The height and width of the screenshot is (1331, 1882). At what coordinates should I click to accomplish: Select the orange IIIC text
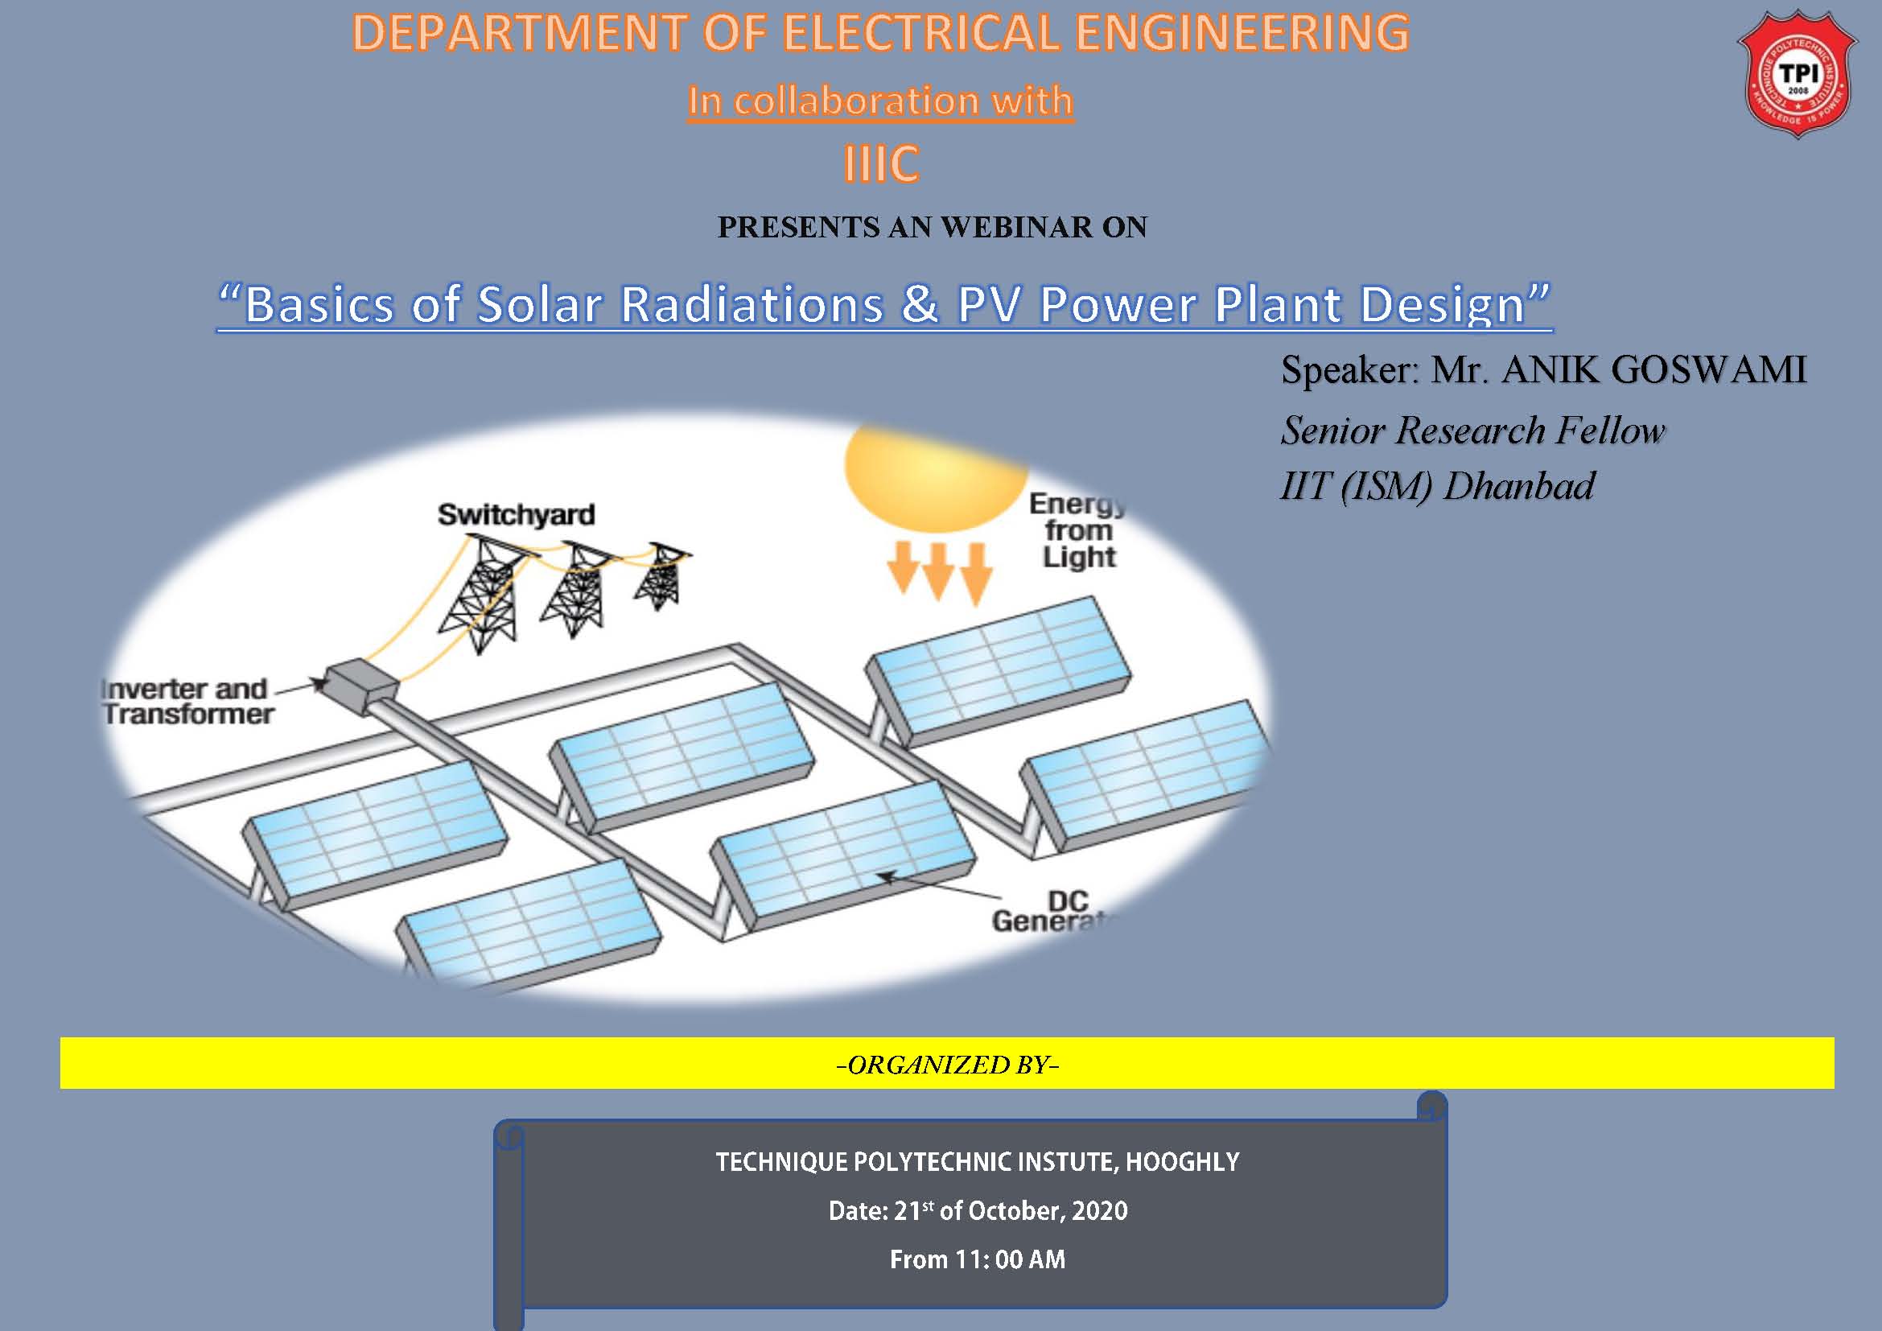(881, 163)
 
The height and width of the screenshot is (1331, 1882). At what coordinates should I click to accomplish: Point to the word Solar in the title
(539, 304)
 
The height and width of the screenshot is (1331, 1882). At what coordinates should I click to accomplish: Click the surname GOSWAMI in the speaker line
(1708, 369)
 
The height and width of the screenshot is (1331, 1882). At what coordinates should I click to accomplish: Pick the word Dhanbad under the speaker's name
(1518, 485)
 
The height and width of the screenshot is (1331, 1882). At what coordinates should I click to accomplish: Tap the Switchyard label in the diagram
(517, 515)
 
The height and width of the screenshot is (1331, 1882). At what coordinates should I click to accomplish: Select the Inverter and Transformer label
(186, 702)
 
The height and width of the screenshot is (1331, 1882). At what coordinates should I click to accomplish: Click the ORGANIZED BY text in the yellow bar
(949, 1064)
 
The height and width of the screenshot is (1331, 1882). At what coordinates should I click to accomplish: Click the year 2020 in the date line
(1099, 1210)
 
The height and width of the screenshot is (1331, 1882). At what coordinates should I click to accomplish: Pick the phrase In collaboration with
(880, 101)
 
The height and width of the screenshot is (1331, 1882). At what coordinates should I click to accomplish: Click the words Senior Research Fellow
(1472, 431)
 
